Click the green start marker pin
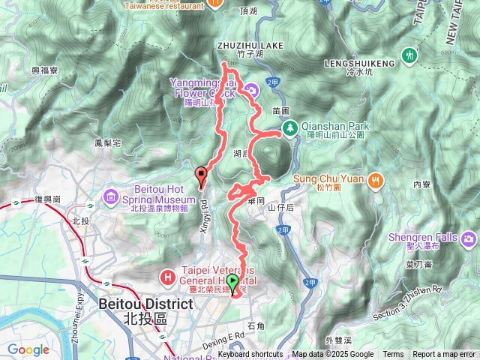click(x=232, y=283)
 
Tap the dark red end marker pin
click(x=201, y=175)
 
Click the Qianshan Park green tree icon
click(x=289, y=130)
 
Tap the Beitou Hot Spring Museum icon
click(x=111, y=196)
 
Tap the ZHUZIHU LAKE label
click(x=250, y=45)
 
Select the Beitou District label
click(x=145, y=304)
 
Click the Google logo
click(x=28, y=349)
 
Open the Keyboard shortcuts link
click(x=250, y=355)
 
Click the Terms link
click(x=393, y=355)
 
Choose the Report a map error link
click(x=444, y=355)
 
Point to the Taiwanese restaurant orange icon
click(x=214, y=3)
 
